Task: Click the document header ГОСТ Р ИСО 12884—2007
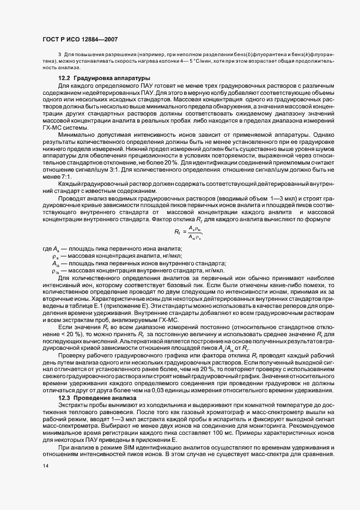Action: pyautogui.click(x=80, y=39)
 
